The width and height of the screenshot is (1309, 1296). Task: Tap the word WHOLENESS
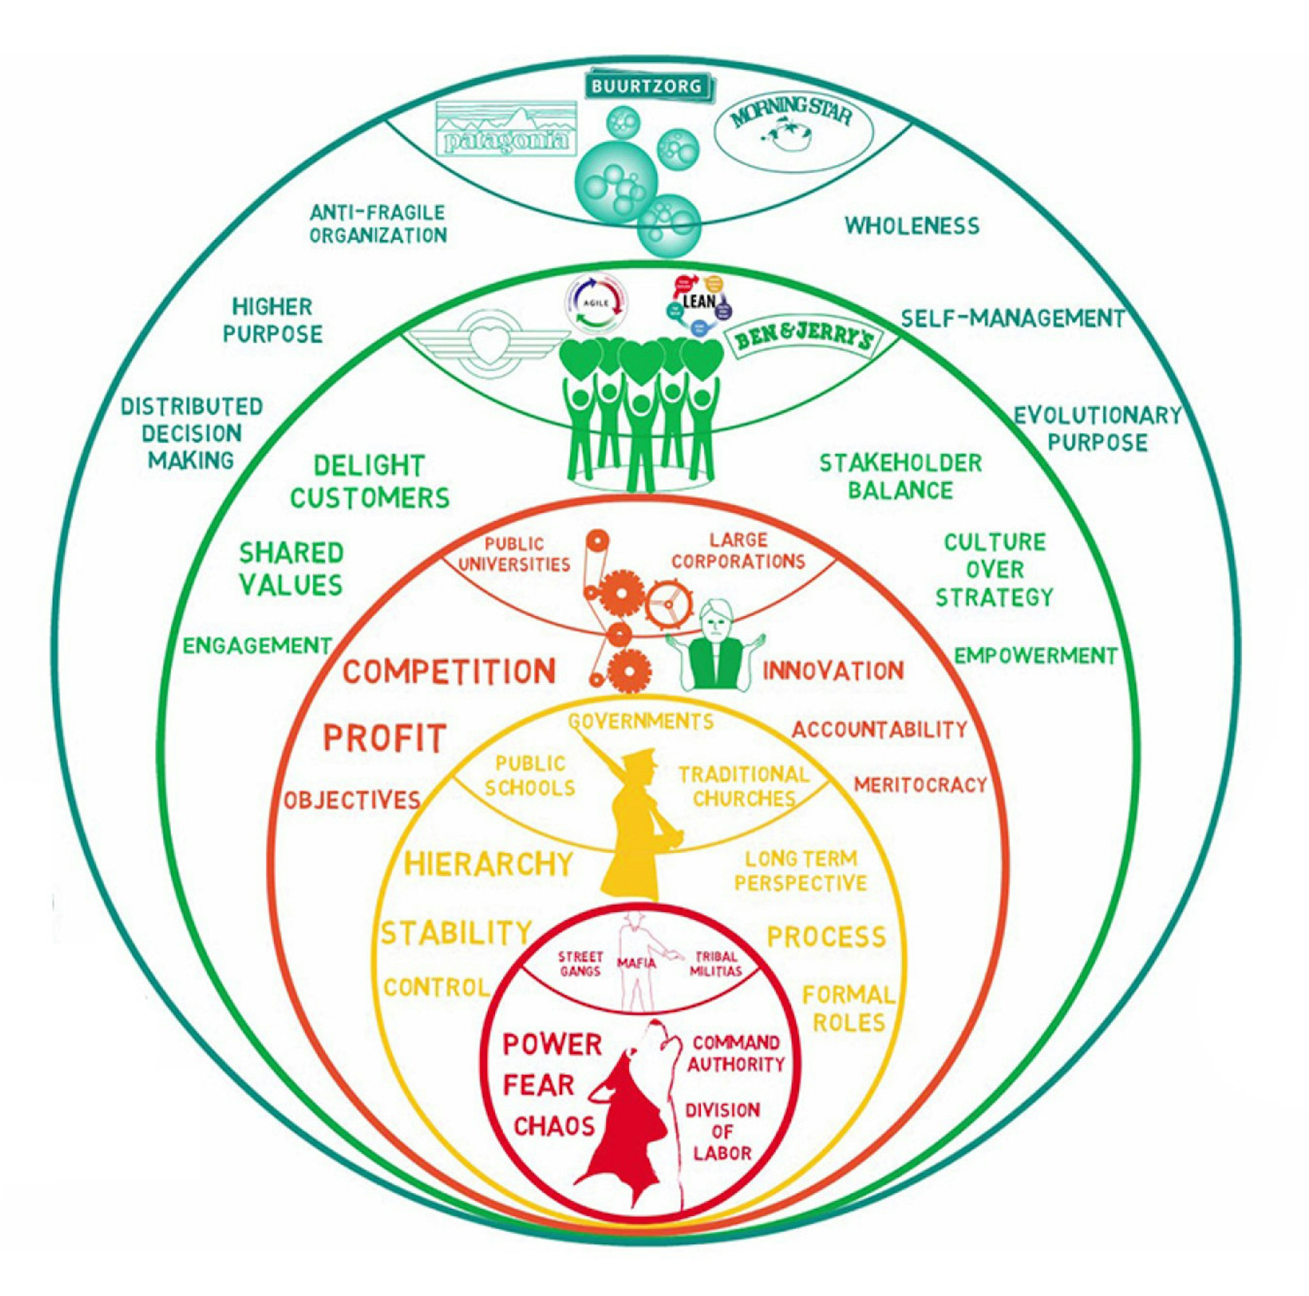[911, 226]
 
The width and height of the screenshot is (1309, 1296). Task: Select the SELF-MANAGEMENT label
[1012, 317]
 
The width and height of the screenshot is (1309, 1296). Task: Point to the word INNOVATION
[833, 671]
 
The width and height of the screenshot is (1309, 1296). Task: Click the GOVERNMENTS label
[641, 720]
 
